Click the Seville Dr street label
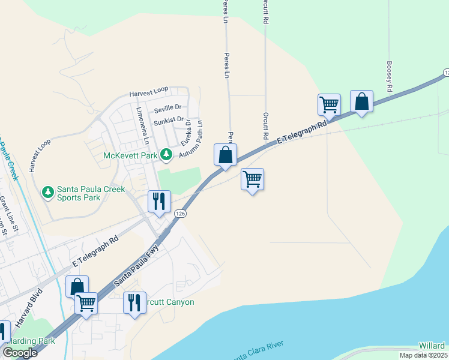coord(167,108)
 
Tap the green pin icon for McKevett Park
coord(166,155)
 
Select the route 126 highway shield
coord(179,213)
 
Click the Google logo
coord(20,353)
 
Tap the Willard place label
coord(432,346)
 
